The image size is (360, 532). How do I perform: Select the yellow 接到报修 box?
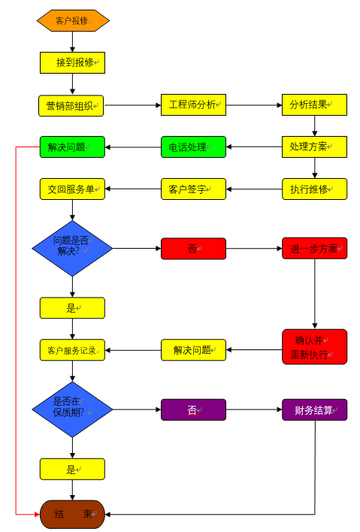(72, 62)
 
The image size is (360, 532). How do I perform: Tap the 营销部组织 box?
(72, 105)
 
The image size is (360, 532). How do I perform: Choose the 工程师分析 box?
(193, 104)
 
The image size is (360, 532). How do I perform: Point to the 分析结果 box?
(314, 104)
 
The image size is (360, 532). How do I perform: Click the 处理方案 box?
(314, 147)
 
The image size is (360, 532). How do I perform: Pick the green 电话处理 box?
(193, 147)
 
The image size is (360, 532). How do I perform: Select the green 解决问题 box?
(72, 147)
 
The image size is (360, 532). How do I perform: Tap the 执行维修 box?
(314, 189)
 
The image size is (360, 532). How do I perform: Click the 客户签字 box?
(193, 189)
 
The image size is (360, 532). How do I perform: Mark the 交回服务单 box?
(72, 189)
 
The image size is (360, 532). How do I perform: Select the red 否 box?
(193, 248)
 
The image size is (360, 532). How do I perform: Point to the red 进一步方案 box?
(314, 248)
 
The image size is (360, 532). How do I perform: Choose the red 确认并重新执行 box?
(314, 346)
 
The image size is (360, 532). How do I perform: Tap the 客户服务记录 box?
(72, 349)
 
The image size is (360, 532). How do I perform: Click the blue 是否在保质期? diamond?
(72, 409)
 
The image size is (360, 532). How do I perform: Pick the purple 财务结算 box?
(314, 410)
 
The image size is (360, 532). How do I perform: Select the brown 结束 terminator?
(72, 514)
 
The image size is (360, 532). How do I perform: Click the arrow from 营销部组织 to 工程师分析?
(132, 105)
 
